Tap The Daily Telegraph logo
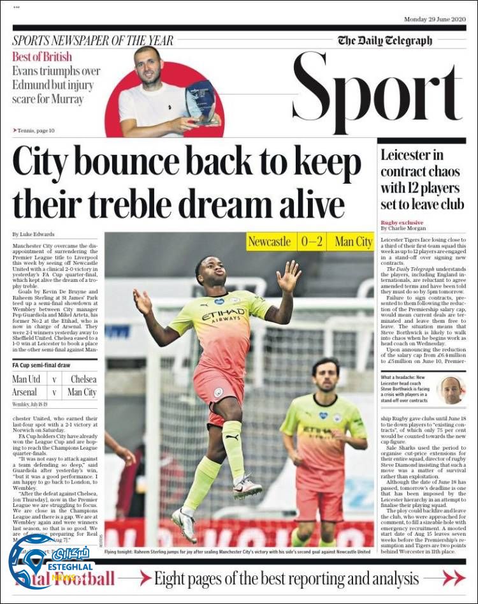point(384,41)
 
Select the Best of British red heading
point(42,56)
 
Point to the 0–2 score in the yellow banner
point(312,242)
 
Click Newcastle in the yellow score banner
point(270,242)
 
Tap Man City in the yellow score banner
point(353,242)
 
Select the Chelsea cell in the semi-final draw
point(83,379)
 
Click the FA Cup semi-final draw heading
point(41,365)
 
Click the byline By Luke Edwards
point(33,234)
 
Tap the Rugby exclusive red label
point(402,222)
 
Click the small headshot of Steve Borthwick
point(451,390)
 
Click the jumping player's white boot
point(247,488)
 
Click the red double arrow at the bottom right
point(454,578)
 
